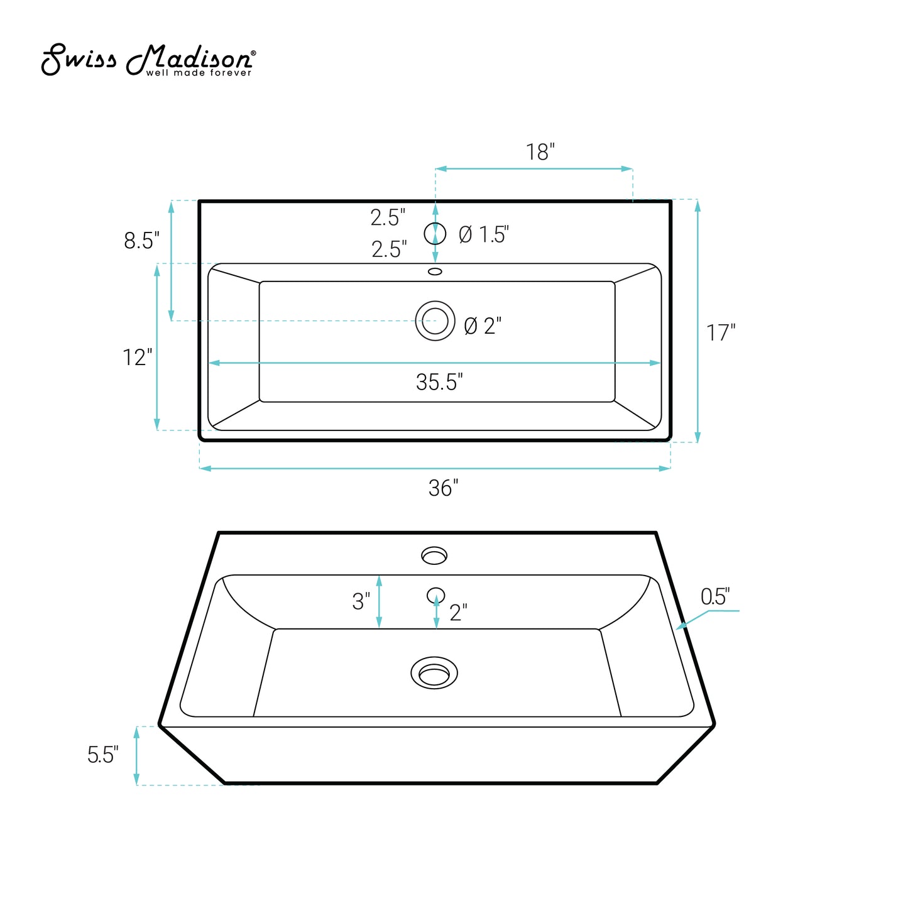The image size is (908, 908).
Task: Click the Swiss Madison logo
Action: [x=148, y=60]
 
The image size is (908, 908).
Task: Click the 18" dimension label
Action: [x=540, y=152]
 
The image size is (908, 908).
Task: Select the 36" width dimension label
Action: [x=443, y=488]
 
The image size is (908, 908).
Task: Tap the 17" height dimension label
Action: [x=720, y=332]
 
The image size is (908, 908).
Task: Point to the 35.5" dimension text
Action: [x=439, y=382]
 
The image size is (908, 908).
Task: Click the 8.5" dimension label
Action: [x=141, y=240]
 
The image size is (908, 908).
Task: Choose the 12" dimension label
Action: [x=137, y=357]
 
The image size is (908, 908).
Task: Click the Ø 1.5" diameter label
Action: [x=483, y=234]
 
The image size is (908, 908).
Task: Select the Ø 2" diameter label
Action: [x=483, y=325]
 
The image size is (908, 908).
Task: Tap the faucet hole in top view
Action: [x=435, y=234]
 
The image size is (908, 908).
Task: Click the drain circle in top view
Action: [x=435, y=321]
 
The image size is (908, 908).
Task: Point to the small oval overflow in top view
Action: [x=435, y=271]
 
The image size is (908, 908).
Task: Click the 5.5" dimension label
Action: [x=102, y=755]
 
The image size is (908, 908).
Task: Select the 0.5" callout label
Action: [x=714, y=596]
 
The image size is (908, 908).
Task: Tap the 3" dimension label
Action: [x=361, y=601]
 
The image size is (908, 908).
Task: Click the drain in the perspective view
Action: [x=434, y=673]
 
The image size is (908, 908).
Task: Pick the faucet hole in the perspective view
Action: [x=434, y=555]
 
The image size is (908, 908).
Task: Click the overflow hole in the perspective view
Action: [x=435, y=594]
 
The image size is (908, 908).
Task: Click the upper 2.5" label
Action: [x=388, y=217]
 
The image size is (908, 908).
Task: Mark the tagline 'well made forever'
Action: [x=199, y=73]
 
